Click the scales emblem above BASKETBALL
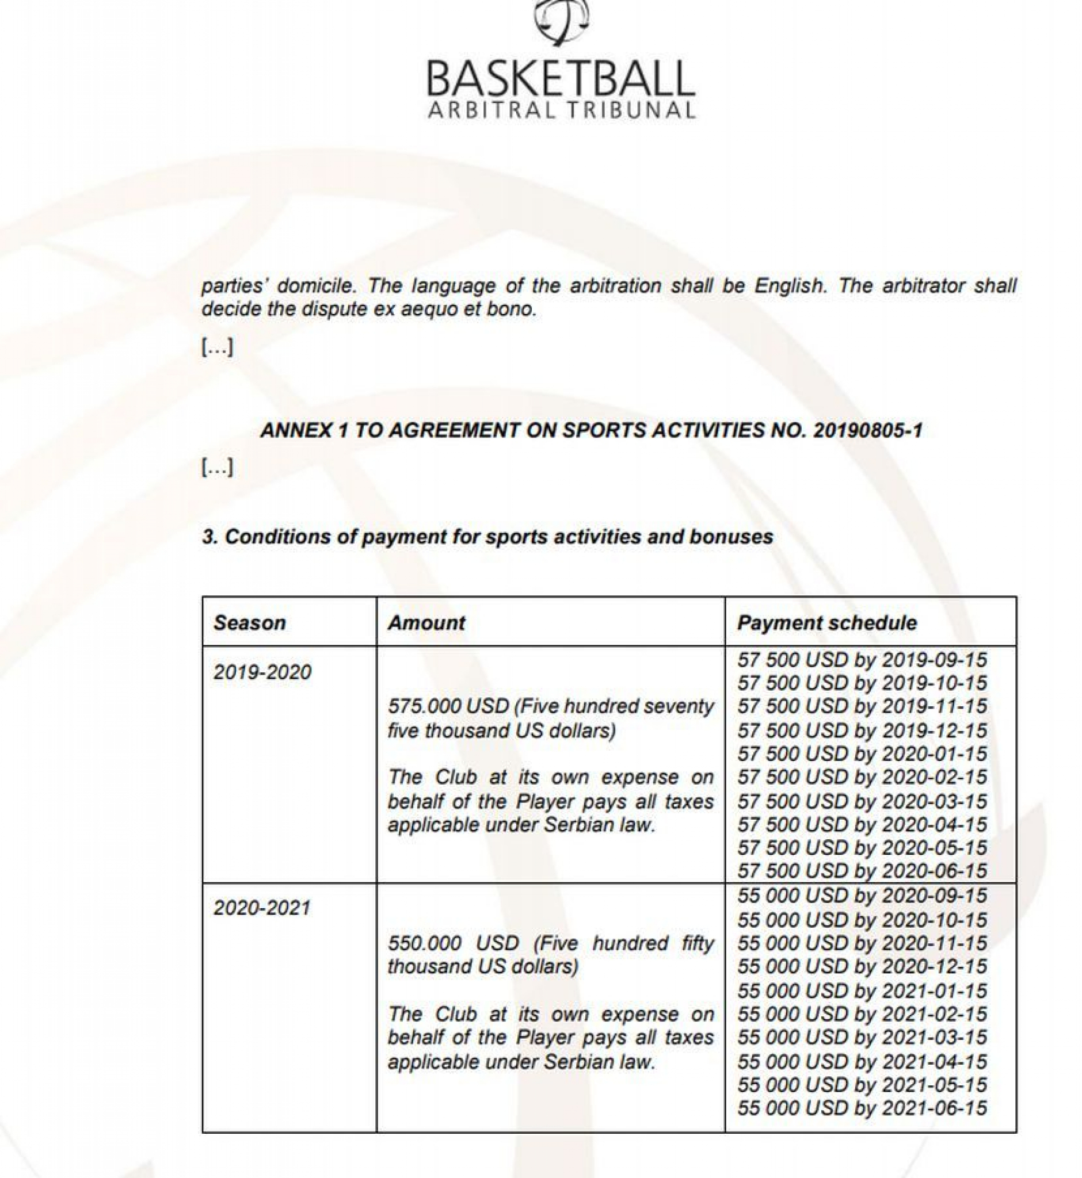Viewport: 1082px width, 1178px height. pyautogui.click(x=561, y=21)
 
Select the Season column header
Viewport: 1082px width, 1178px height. pyautogui.click(x=249, y=622)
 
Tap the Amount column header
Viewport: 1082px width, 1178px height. pyautogui.click(x=426, y=622)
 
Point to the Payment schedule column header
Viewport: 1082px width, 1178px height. pyautogui.click(x=826, y=622)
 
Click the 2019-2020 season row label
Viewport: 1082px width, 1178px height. pyautogui.click(x=262, y=672)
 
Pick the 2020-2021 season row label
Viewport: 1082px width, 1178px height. pyautogui.click(x=262, y=908)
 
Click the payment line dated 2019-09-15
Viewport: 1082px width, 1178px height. pyautogui.click(x=862, y=660)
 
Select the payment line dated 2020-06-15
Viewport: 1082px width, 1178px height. pyautogui.click(x=862, y=871)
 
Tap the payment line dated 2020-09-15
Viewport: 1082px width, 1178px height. pyautogui.click(x=862, y=896)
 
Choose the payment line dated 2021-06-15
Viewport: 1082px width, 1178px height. pyautogui.click(x=862, y=1108)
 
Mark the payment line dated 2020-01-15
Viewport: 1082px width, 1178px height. pyautogui.click(x=862, y=754)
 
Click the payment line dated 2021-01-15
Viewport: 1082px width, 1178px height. pyautogui.click(x=862, y=990)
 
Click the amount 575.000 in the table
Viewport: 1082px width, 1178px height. pyautogui.click(x=418, y=706)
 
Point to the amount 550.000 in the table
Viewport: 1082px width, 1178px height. pyautogui.click(x=418, y=943)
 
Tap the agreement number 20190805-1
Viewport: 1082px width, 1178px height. pyautogui.click(x=867, y=431)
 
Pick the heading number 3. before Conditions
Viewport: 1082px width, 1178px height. pyautogui.click(x=209, y=537)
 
